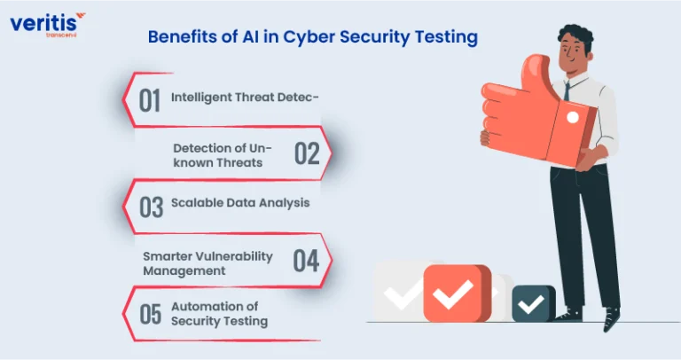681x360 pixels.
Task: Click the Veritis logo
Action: tap(47, 25)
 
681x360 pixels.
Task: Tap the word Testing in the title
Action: tap(446, 37)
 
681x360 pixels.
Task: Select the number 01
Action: tap(150, 101)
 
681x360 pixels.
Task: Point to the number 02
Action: tap(307, 153)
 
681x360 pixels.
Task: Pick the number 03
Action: tap(151, 207)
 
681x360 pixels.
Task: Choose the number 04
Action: tap(306, 261)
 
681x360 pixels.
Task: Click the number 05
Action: tap(150, 314)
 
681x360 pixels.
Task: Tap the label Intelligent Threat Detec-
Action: tap(245, 98)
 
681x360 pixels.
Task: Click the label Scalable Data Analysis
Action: tap(240, 203)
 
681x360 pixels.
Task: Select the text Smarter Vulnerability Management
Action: tap(207, 263)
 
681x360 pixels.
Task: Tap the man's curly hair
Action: tap(575, 36)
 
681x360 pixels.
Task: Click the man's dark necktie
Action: tap(567, 91)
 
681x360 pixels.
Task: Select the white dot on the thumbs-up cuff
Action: tap(573, 117)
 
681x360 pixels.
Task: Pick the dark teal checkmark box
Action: tap(534, 303)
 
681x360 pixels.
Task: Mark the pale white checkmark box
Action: tap(399, 291)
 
